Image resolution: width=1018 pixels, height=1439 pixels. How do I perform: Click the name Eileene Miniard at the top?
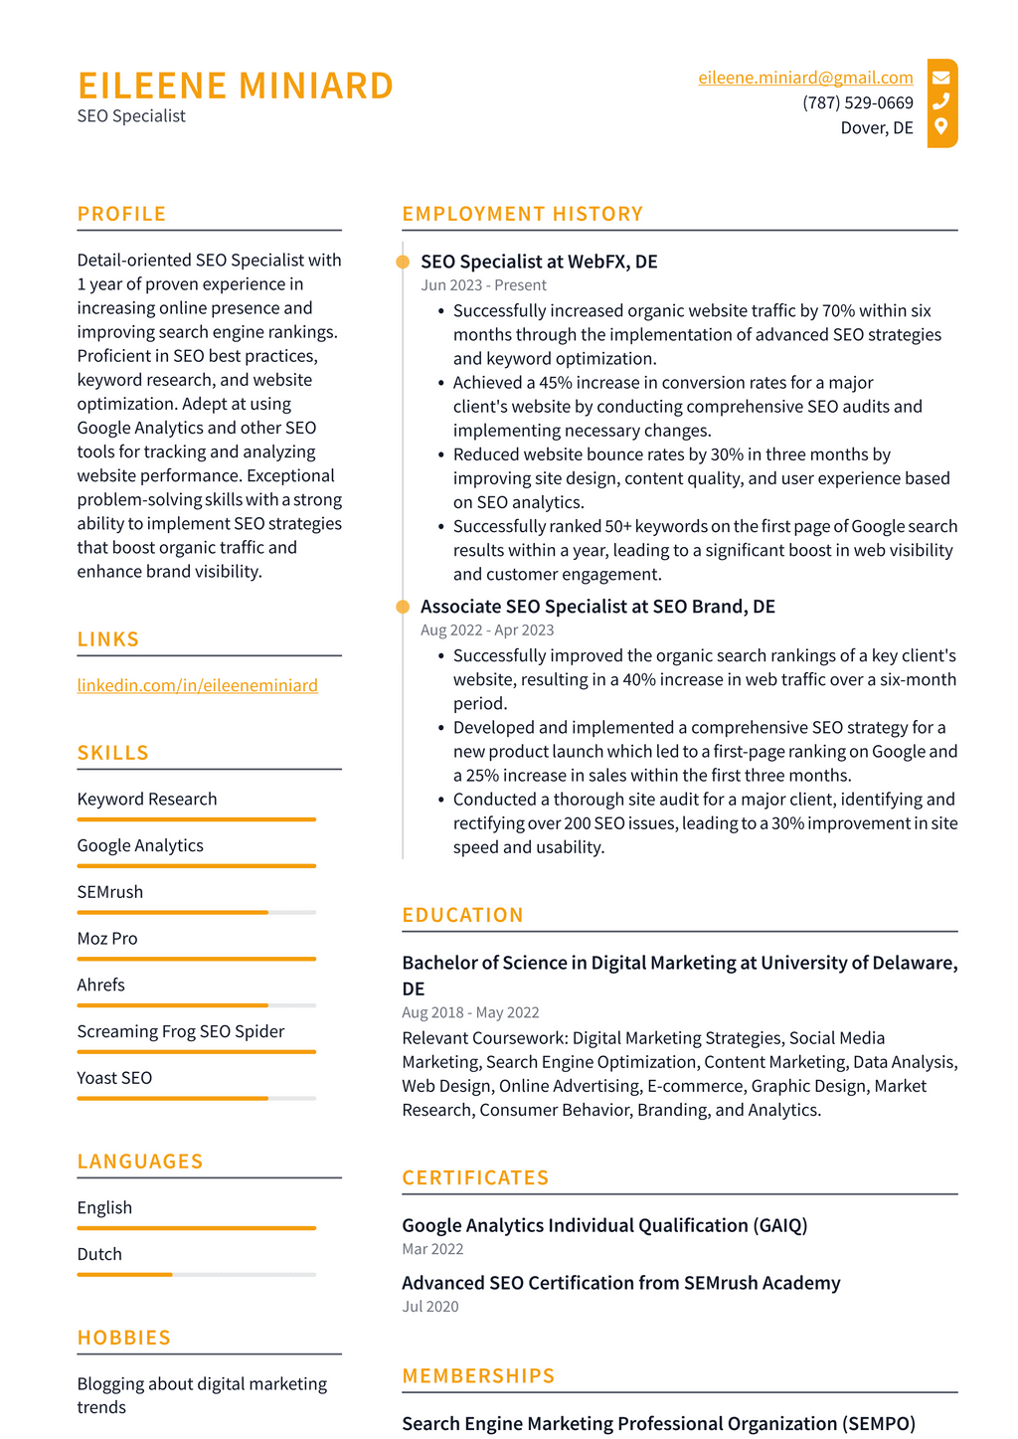[x=236, y=86]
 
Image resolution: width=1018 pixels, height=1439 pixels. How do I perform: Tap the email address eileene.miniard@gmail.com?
[x=805, y=78]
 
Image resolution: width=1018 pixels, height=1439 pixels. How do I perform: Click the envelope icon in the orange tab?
[x=940, y=78]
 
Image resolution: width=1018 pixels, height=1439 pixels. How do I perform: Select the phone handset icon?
[x=940, y=101]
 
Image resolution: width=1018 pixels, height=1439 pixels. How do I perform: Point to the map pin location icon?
[x=940, y=126]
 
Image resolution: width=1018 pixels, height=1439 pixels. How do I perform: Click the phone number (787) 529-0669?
[x=857, y=103]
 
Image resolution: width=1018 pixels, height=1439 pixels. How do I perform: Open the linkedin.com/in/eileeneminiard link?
[x=198, y=685]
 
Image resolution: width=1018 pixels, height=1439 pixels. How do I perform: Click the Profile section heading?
[x=121, y=214]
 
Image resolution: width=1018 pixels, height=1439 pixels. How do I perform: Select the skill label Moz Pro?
[x=107, y=939]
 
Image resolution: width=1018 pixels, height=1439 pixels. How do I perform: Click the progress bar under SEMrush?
[x=196, y=912]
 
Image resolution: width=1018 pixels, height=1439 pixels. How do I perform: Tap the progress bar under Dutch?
[x=196, y=1274]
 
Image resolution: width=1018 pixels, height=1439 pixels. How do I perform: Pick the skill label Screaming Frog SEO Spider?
[x=181, y=1031]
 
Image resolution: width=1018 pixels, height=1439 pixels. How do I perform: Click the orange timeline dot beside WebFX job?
[x=403, y=262]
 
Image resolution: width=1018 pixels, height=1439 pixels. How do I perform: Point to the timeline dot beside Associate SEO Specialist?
[x=403, y=607]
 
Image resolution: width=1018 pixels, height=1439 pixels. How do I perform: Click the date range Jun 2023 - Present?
[x=483, y=285]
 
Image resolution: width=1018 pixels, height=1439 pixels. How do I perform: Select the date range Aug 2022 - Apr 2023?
[x=487, y=630]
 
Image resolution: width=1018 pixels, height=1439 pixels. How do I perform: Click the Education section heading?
[x=462, y=915]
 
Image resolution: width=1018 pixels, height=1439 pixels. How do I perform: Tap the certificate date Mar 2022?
[x=432, y=1249]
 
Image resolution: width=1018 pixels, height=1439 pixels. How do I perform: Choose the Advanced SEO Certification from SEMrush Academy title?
[x=620, y=1283]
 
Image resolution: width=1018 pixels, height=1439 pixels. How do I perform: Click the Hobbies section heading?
[x=124, y=1338]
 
